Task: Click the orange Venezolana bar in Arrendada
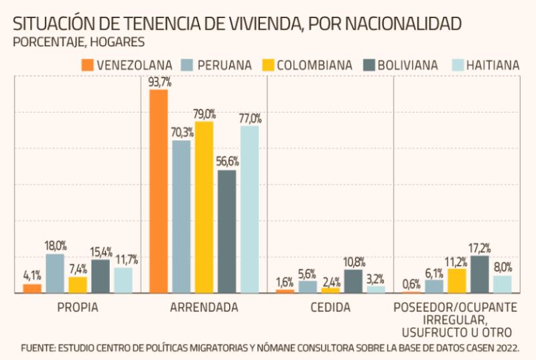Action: (158, 191)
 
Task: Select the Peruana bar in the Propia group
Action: (55, 274)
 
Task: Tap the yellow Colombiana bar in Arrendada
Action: (204, 207)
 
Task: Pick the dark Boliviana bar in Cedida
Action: (353, 282)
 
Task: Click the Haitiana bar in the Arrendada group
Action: (249, 209)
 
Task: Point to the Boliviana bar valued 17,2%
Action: (480, 274)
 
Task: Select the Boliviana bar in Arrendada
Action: (226, 231)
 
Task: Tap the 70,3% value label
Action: (181, 133)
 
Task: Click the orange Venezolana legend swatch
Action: (86, 65)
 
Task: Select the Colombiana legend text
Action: (314, 65)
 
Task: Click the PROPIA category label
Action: (78, 308)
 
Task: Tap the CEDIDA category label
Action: (330, 308)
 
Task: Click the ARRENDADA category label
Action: (204, 308)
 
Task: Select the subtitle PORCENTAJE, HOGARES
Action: (78, 42)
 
